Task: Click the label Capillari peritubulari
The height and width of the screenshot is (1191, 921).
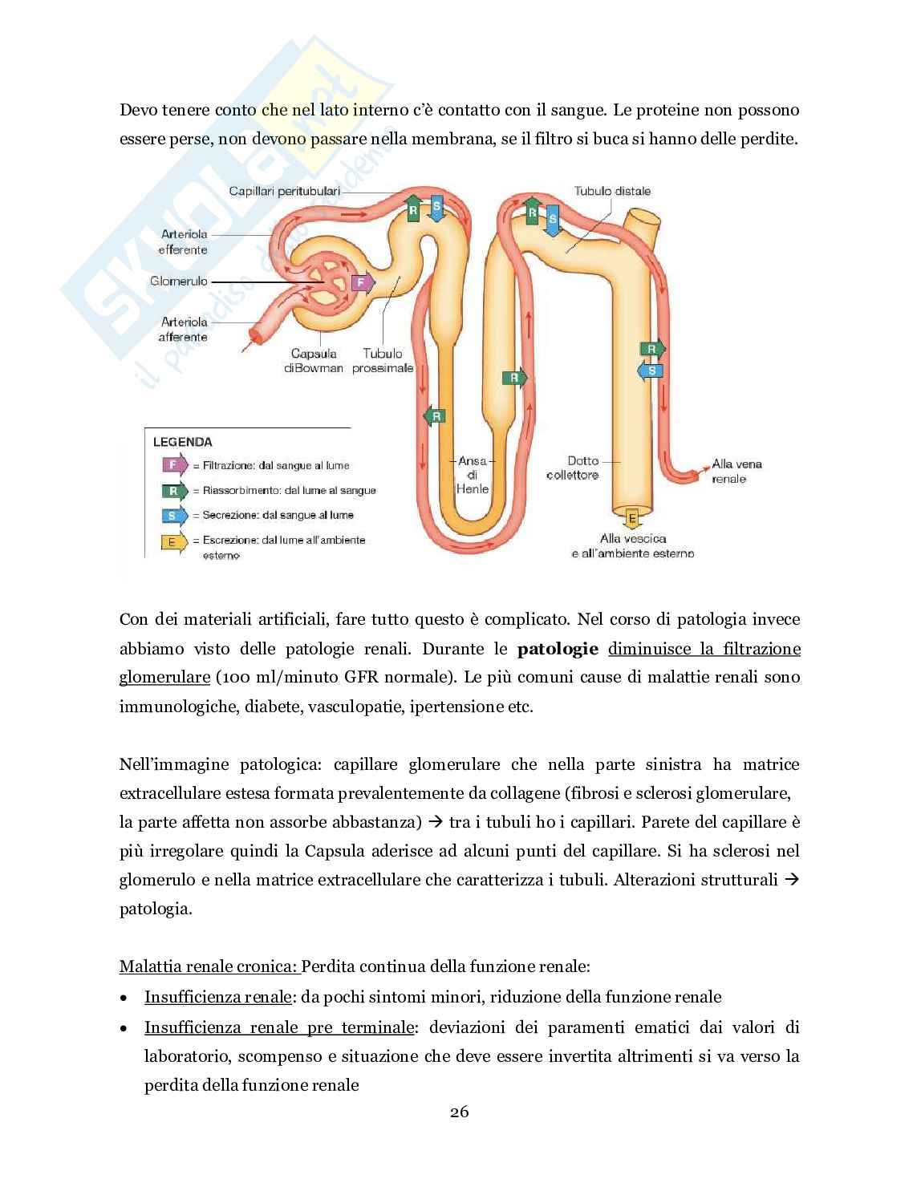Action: (x=284, y=191)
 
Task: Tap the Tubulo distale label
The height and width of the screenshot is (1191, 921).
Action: (x=612, y=191)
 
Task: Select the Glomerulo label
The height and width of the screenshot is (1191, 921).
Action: (x=179, y=282)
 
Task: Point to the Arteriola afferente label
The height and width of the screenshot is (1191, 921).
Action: (x=184, y=329)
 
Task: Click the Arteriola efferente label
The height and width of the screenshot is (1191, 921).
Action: (x=184, y=241)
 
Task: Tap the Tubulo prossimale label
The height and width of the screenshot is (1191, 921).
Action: (x=383, y=360)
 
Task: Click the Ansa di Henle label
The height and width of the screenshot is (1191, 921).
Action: (x=472, y=474)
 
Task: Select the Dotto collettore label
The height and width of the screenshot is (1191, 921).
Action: (x=572, y=468)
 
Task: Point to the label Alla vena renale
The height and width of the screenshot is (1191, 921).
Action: (x=736, y=471)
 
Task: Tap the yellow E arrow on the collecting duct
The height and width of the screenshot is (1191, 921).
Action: (x=632, y=519)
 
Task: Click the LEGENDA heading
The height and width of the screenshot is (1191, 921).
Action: (x=183, y=441)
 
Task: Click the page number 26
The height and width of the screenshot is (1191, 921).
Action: (x=460, y=1112)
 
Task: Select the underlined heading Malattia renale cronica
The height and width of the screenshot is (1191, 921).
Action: (x=209, y=966)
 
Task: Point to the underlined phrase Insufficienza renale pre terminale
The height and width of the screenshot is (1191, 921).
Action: (x=280, y=1027)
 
